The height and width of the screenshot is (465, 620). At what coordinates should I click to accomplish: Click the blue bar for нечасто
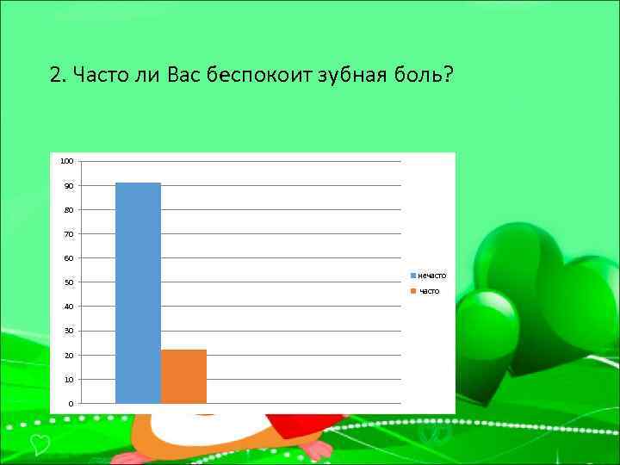[x=138, y=293]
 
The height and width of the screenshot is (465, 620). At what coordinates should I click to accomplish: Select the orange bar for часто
[x=183, y=376]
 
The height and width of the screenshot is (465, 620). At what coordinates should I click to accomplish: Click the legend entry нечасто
[x=431, y=276]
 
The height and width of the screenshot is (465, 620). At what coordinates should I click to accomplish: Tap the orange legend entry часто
[x=428, y=291]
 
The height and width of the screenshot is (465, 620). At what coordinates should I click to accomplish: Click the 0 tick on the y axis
[x=71, y=404]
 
